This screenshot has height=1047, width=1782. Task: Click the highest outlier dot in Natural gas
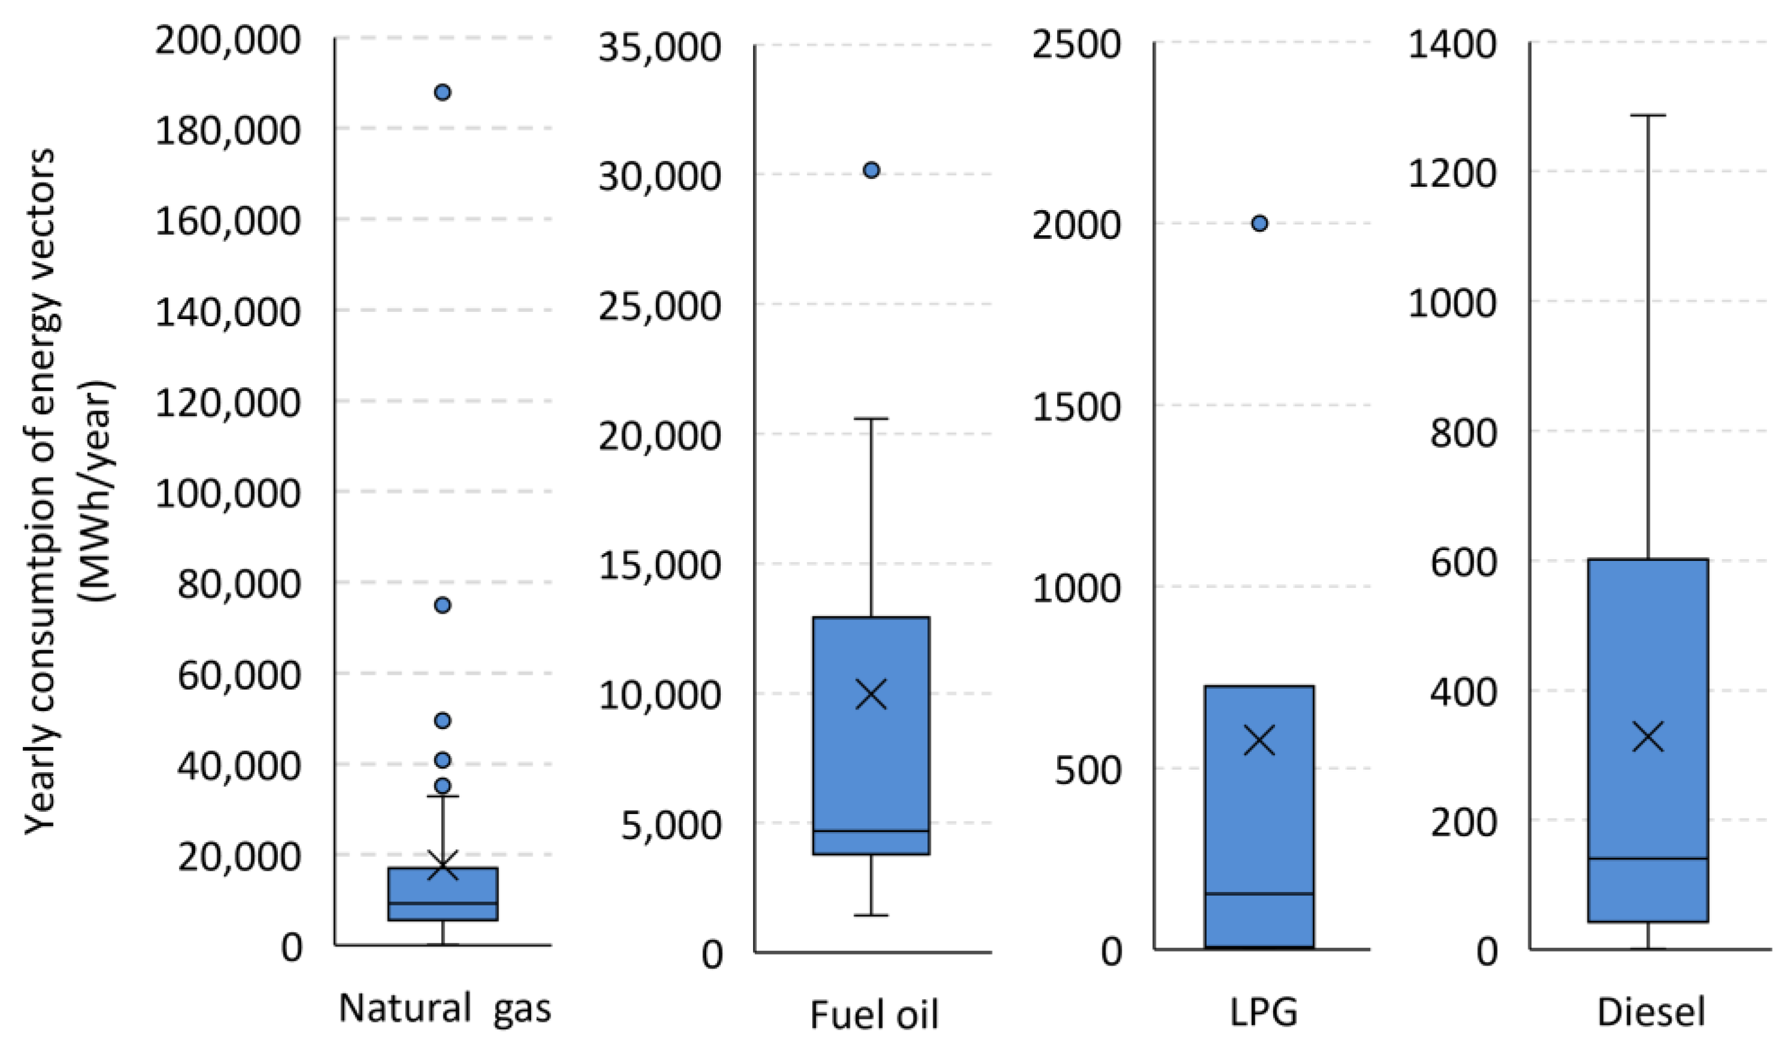click(x=443, y=93)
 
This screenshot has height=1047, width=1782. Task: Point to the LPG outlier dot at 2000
click(x=1259, y=223)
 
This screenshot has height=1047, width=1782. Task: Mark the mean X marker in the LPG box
click(x=1259, y=740)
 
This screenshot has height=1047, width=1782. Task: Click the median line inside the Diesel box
click(x=1649, y=858)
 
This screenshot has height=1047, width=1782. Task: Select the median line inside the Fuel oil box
click(x=871, y=831)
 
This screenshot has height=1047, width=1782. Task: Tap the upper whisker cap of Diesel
click(x=1649, y=114)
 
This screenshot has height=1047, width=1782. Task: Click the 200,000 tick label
click(x=227, y=41)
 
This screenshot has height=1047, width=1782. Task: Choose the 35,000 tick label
click(x=659, y=48)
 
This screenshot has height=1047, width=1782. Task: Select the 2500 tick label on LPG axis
click(x=1076, y=44)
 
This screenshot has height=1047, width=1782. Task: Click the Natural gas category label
click(x=444, y=1007)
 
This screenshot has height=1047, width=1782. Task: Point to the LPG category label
click(x=1264, y=1011)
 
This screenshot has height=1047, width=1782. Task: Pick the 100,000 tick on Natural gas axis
click(x=227, y=493)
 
